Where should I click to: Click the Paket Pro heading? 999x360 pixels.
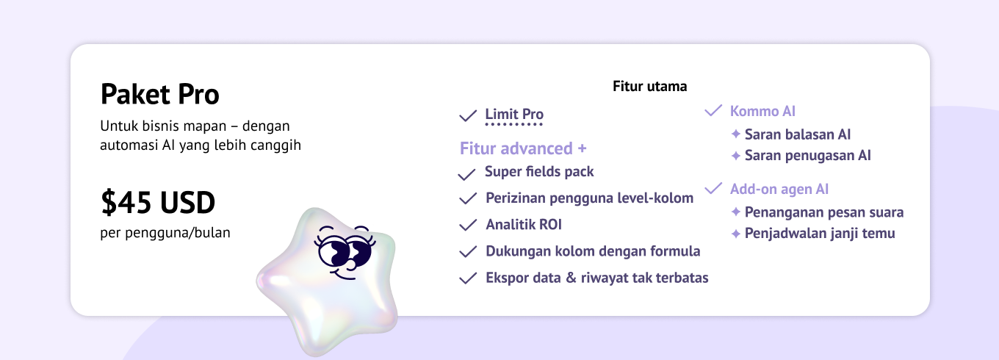click(159, 94)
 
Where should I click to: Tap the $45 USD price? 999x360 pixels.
click(158, 202)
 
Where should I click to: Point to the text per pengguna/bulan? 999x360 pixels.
click(165, 233)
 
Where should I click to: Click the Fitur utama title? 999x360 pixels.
click(650, 86)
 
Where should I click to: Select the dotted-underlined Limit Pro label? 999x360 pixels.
click(514, 114)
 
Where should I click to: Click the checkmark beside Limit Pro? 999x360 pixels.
click(468, 116)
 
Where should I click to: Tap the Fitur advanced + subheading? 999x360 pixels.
click(523, 148)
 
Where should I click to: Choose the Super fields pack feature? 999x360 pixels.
click(539, 172)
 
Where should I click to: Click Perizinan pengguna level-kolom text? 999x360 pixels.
click(590, 198)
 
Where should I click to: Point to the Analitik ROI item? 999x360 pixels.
click(524, 224)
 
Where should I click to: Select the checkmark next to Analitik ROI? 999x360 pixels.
click(468, 226)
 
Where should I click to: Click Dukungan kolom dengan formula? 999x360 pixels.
click(593, 251)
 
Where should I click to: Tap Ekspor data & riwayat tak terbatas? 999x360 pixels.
click(596, 278)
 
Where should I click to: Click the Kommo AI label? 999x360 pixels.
click(762, 111)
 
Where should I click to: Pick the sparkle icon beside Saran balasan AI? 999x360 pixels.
click(736, 134)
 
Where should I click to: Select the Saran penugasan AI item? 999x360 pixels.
click(808, 155)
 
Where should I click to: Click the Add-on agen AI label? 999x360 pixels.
click(779, 189)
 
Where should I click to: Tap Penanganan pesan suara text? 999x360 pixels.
click(824, 212)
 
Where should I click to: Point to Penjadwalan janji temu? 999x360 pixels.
click(820, 234)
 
